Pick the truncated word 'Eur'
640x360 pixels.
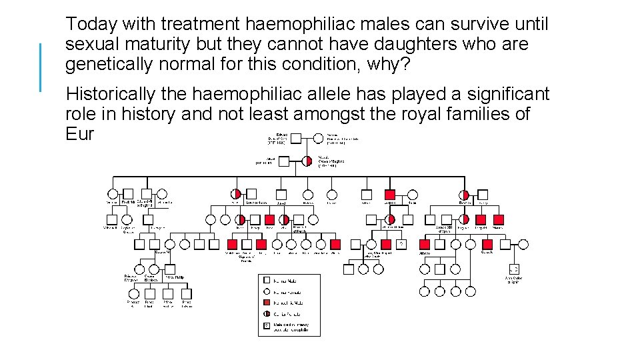(80, 134)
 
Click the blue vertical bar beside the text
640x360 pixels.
(41, 67)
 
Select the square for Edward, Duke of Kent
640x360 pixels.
(296, 139)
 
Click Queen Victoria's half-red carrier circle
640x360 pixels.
(307, 161)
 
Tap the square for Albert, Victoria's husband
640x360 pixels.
(283, 161)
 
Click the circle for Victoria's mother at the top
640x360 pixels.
(317, 139)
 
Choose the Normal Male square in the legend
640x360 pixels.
(267, 281)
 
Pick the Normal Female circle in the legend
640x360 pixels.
(267, 292)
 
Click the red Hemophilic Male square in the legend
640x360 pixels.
(267, 303)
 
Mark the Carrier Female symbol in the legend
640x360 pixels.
(267, 313)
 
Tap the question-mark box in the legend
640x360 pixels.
(267, 326)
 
